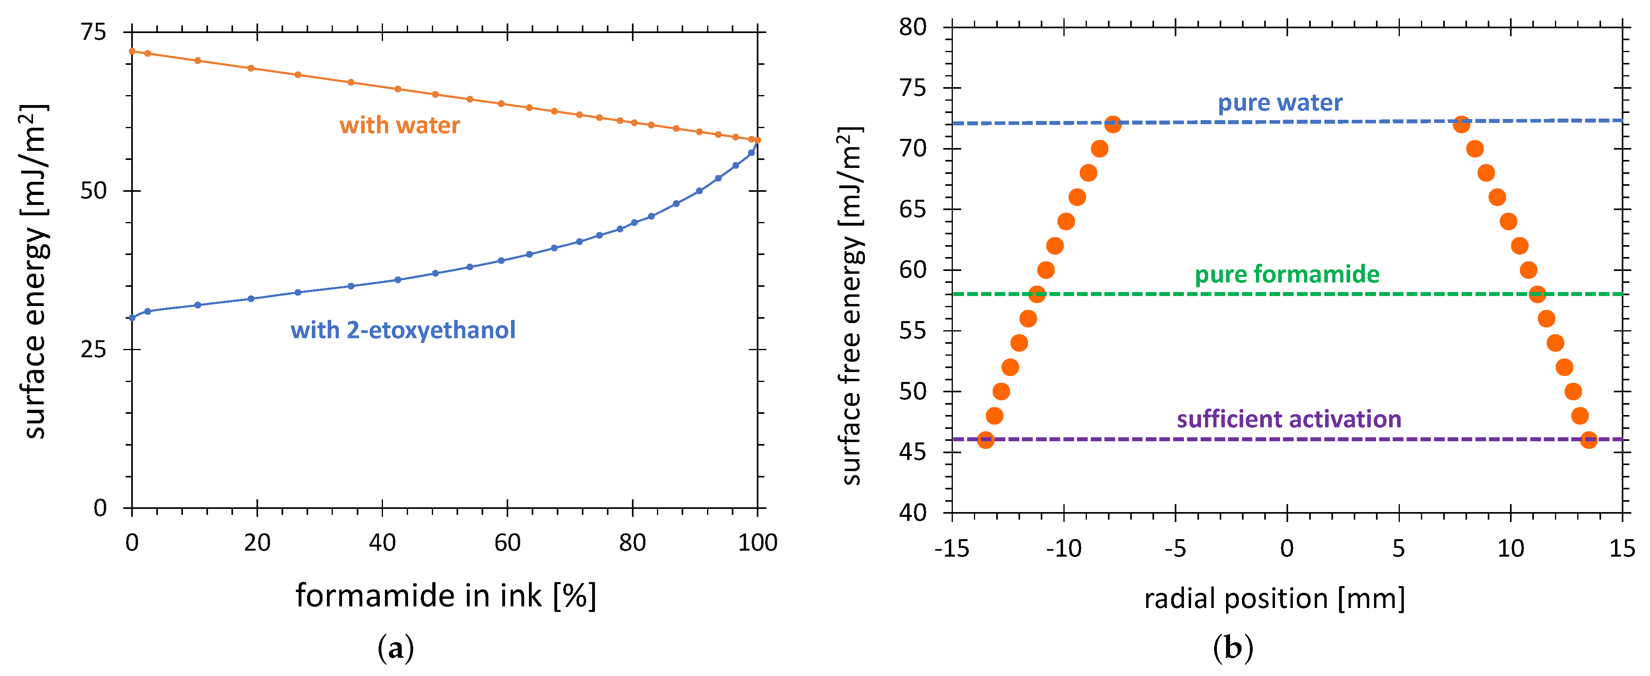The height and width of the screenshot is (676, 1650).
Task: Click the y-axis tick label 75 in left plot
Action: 93,32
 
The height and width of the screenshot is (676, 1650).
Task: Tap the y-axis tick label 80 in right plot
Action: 912,27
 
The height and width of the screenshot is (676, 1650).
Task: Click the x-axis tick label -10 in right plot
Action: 1063,549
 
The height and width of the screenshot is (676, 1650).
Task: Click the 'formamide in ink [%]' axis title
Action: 446,596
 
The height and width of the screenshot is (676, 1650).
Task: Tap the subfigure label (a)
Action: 396,649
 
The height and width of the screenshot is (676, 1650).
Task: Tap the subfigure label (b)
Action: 1232,649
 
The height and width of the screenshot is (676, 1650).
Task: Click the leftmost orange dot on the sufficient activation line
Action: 986,440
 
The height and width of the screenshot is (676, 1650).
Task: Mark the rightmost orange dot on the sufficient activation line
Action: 1588,440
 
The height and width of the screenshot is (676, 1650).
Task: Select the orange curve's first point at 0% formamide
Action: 132,51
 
